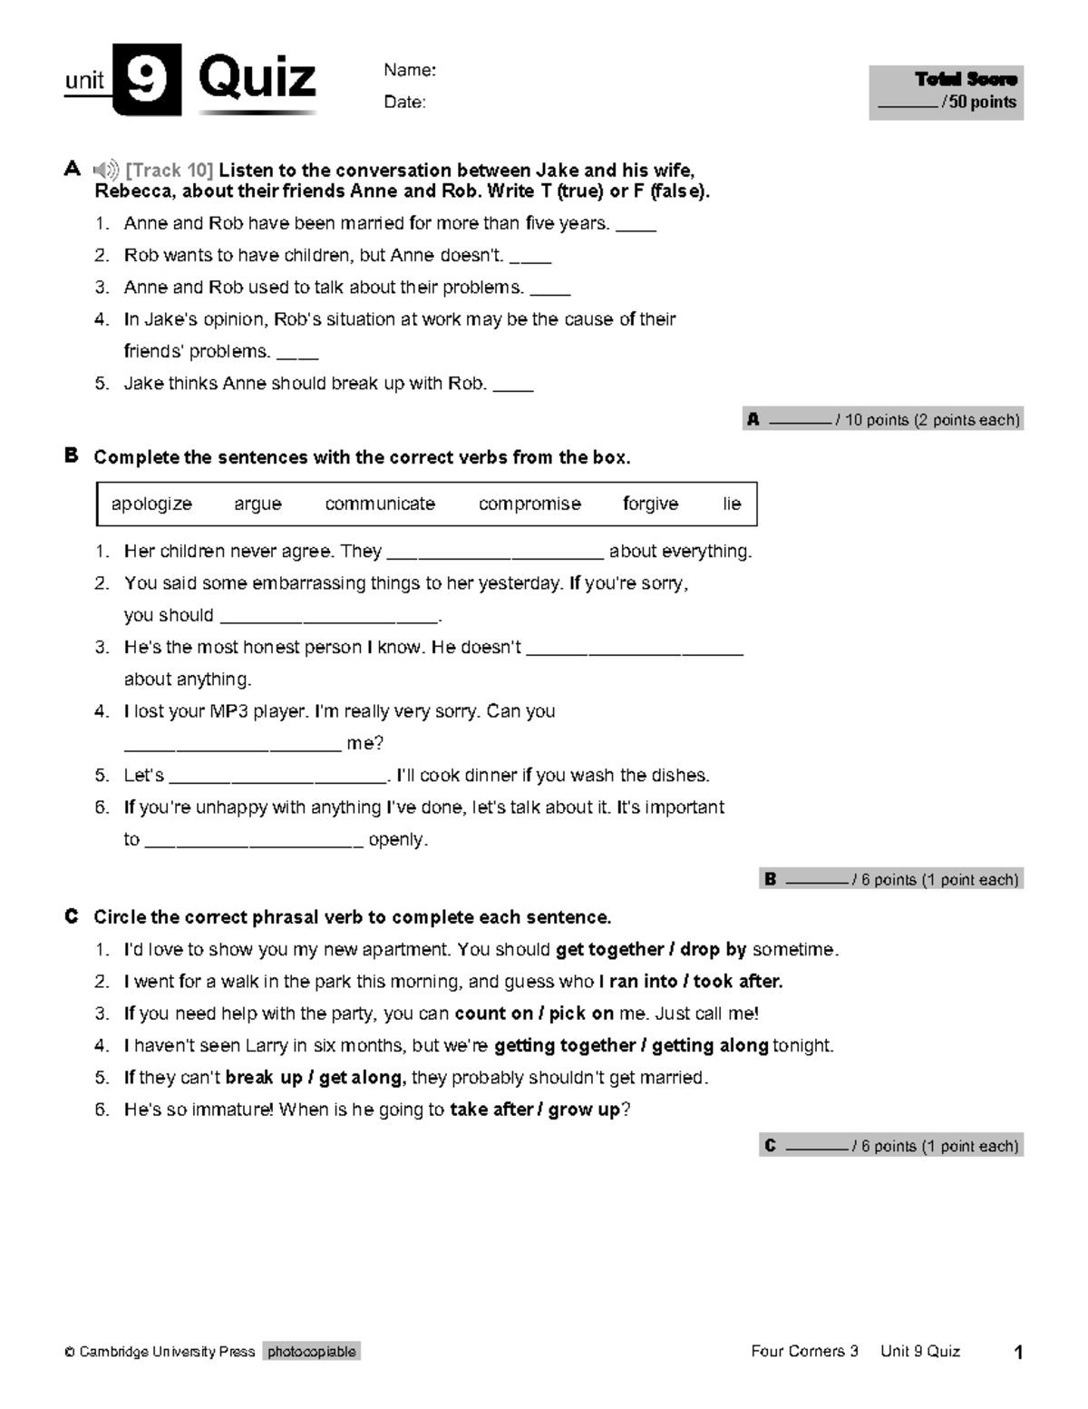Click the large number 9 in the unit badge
point(147,80)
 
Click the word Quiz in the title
point(257,79)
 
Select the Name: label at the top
point(410,71)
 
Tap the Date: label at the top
point(404,103)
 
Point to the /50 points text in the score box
point(978,103)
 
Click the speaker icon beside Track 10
point(106,170)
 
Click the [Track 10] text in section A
point(170,171)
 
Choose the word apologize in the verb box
point(151,504)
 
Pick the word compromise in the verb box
point(529,504)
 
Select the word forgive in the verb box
point(650,504)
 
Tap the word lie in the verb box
point(732,504)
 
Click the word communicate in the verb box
point(380,504)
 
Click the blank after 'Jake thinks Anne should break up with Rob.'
point(513,387)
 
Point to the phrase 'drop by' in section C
point(713,950)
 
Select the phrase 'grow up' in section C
point(584,1110)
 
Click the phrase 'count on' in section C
point(493,1013)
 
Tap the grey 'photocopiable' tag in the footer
point(312,1352)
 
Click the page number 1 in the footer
point(1018,1353)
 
